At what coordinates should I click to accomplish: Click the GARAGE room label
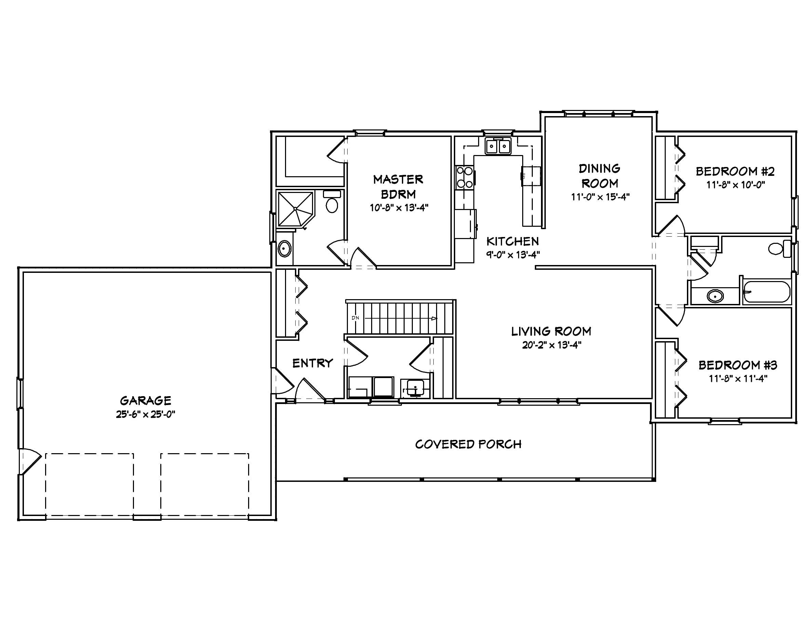[x=145, y=401]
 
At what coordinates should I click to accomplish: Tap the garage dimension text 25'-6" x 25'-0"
[x=145, y=414]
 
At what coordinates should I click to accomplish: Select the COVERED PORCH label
[x=468, y=444]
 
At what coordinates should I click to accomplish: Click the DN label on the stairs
[x=355, y=318]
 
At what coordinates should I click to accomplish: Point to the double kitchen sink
[x=498, y=146]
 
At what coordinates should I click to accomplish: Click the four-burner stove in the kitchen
[x=465, y=177]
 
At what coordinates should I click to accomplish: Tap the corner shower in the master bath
[x=296, y=209]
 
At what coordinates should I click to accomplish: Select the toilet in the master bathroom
[x=331, y=202]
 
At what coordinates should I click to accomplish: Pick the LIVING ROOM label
[x=551, y=331]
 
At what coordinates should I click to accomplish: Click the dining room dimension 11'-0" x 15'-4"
[x=600, y=197]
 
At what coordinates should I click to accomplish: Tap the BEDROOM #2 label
[x=735, y=172]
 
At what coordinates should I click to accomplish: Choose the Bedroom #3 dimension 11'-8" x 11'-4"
[x=737, y=378]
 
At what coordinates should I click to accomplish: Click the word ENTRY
[x=312, y=363]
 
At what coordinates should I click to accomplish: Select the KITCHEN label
[x=512, y=241]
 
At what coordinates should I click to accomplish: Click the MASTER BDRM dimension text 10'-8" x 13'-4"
[x=399, y=208]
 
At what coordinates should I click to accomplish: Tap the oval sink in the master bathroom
[x=284, y=249]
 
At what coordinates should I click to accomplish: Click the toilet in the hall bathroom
[x=779, y=248]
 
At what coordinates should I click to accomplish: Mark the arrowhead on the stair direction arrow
[x=434, y=318]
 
